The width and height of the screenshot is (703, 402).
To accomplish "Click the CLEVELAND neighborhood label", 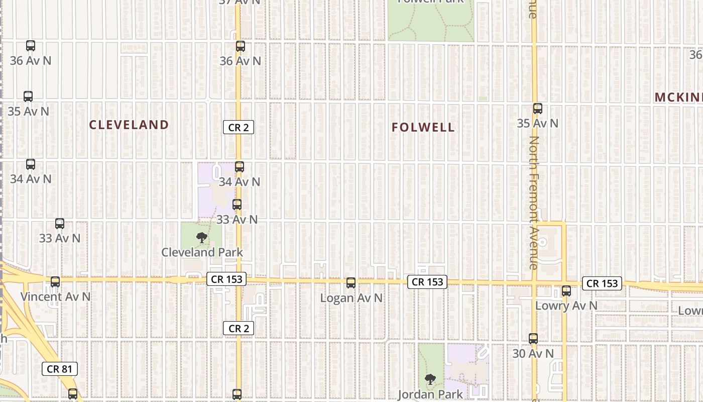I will (129, 125).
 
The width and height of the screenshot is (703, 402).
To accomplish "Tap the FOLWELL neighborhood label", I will (423, 128).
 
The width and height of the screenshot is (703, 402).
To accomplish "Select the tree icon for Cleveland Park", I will (202, 238).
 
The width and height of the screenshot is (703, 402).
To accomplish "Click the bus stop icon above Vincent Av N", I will (55, 282).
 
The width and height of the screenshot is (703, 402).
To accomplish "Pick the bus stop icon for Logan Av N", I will (351, 283).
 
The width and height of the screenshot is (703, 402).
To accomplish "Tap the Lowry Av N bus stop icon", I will (566, 291).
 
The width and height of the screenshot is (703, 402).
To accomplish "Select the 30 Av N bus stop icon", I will (533, 339).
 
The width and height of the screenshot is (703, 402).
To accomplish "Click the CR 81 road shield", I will (60, 369).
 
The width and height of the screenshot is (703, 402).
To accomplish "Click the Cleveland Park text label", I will (202, 252).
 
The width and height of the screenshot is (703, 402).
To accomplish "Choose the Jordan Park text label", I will (430, 394).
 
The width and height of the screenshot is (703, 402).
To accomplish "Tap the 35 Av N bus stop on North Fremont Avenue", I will (538, 109).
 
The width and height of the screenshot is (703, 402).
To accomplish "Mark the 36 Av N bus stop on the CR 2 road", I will (241, 46).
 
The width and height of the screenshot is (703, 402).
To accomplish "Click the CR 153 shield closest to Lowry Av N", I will (602, 283).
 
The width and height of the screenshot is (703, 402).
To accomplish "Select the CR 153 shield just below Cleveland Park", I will (226, 279).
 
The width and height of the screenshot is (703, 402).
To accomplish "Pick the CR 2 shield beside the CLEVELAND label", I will (239, 128).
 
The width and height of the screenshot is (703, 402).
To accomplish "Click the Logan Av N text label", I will (351, 298).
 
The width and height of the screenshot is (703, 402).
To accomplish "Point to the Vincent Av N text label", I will (55, 296).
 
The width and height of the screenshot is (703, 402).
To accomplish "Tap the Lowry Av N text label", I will (566, 306).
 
